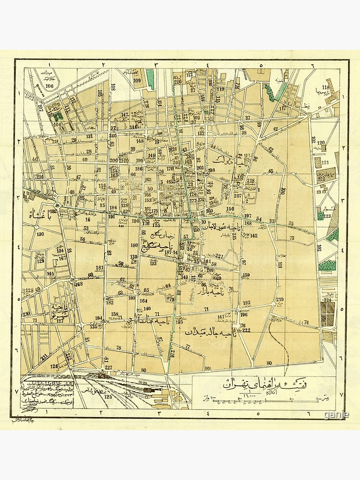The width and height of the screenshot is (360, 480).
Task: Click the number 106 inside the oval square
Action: (50, 86)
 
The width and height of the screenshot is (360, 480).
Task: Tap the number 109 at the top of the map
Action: (137, 81)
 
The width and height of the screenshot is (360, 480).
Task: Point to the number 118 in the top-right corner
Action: (326, 87)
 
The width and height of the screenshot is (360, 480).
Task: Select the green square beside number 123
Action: (320, 216)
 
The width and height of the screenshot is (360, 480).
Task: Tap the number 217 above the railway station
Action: (108, 368)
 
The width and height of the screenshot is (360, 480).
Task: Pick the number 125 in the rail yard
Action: (108, 397)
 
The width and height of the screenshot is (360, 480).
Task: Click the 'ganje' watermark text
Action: (336, 415)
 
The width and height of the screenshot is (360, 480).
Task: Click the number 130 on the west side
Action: (40, 234)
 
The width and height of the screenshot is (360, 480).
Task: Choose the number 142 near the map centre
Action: (253, 236)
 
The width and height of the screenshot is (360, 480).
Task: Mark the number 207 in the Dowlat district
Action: (238, 195)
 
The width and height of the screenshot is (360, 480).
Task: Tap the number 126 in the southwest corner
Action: (54, 366)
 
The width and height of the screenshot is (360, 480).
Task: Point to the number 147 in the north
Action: (125, 115)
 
